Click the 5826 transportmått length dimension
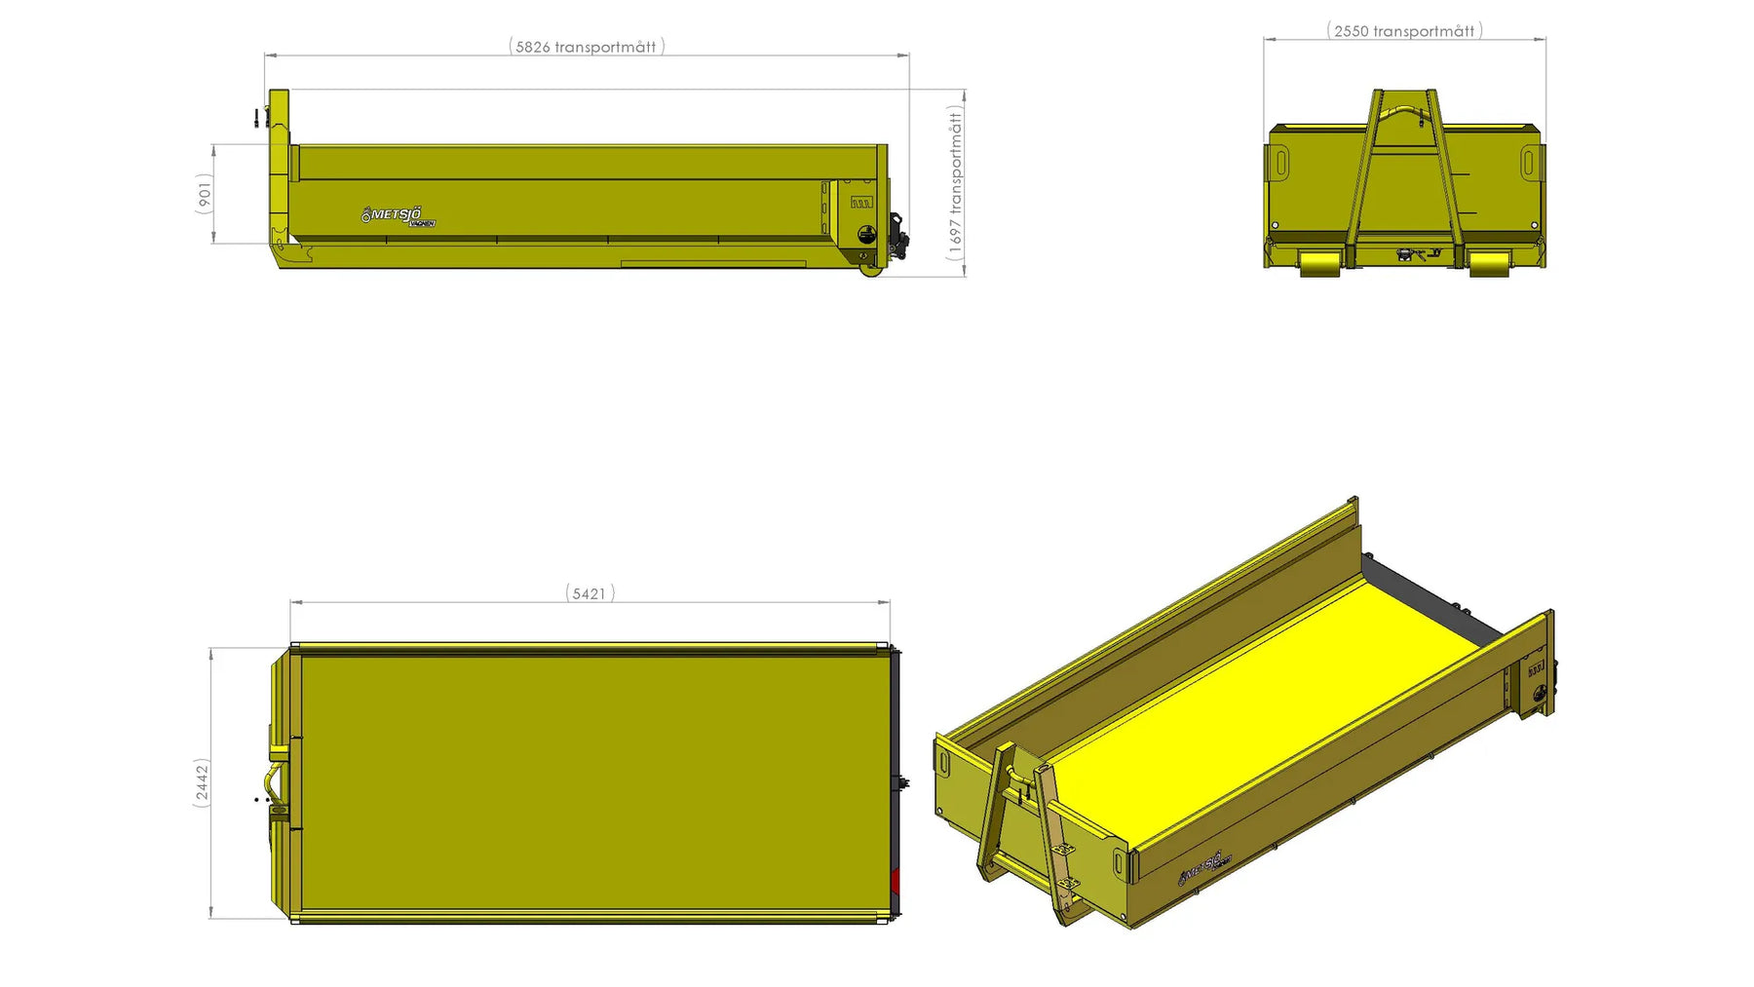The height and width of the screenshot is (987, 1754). click(x=587, y=47)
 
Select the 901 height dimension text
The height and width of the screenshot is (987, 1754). click(x=204, y=193)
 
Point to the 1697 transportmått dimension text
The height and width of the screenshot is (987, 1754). click(x=955, y=183)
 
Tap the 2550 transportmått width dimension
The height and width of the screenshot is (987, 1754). click(x=1404, y=31)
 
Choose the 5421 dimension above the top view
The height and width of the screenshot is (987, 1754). click(x=590, y=593)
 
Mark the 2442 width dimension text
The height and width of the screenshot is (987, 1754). click(x=202, y=782)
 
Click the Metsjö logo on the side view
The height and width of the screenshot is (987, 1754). click(x=398, y=215)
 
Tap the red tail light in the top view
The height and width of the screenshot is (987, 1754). click(x=895, y=884)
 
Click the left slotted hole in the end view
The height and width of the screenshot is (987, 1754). click(x=1281, y=162)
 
